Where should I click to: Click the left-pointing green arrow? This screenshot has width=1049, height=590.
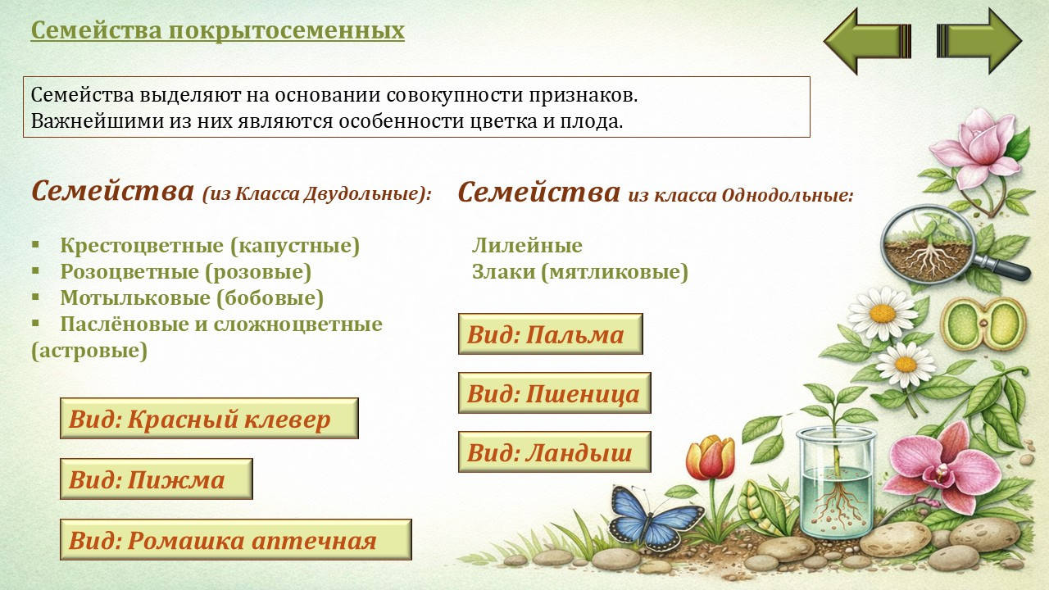coord(866,41)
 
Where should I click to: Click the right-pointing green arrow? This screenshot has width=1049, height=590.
coord(979,41)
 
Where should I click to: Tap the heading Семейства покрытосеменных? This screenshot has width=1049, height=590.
coord(218,30)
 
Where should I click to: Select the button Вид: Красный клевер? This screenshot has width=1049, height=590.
coord(209,418)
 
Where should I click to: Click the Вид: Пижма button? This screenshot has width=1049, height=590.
coord(156,479)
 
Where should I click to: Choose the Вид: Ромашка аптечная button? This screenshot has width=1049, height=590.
coord(235,539)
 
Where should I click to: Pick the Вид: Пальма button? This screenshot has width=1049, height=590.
coord(550,334)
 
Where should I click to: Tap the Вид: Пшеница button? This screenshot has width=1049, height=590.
coord(555,393)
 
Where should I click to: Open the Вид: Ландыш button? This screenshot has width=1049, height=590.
coord(555,452)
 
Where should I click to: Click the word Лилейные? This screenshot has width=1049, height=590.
coord(527,245)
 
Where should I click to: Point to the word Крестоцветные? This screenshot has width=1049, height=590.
coord(142,246)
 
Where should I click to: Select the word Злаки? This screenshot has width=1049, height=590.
coord(503,271)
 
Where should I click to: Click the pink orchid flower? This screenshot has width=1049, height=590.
coord(942,468)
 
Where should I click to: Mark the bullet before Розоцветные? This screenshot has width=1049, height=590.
coord(35,271)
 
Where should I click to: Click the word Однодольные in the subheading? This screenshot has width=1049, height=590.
coord(788,195)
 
